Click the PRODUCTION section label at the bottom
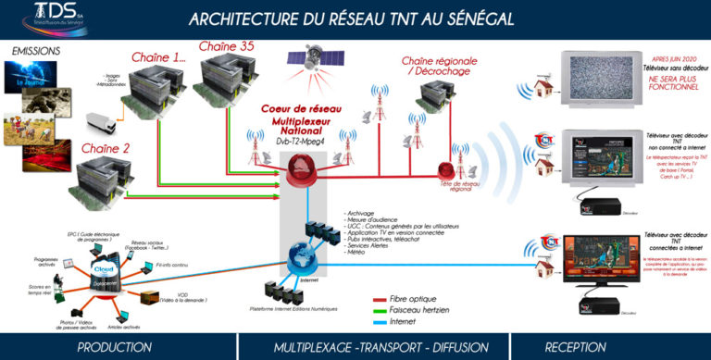tap(114, 347)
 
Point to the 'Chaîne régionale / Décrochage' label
tap(443, 66)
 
